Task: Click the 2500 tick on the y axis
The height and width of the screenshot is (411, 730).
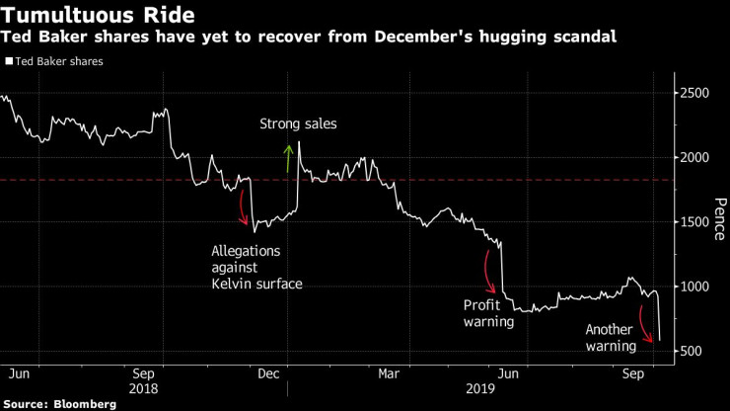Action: [x=697, y=93]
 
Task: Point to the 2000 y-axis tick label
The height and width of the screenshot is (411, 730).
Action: [x=697, y=157]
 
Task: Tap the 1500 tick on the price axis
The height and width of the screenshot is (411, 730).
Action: [x=697, y=222]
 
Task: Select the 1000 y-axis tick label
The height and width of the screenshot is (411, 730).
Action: [x=697, y=287]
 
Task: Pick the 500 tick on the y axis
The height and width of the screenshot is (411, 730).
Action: [x=693, y=352]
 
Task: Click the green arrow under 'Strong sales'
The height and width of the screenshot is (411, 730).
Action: [x=289, y=158]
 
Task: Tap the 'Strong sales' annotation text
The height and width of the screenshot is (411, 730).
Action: [x=298, y=124]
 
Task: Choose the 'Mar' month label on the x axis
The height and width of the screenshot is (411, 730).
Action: [x=390, y=374]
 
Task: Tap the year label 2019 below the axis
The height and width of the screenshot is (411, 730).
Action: [x=479, y=389]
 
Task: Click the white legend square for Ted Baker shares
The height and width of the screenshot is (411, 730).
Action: [x=9, y=60]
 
